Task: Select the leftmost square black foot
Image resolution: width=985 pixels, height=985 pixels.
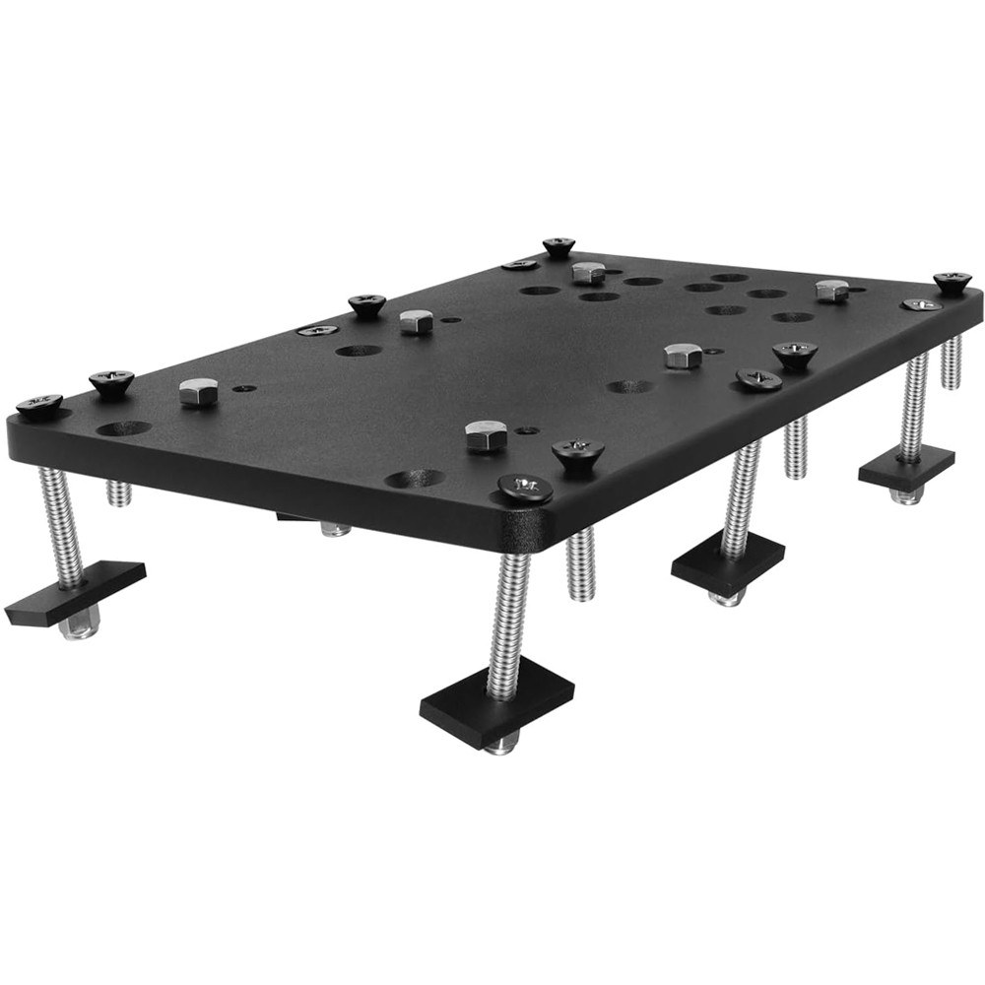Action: point(75,593)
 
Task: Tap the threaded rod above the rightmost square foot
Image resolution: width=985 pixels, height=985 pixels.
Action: point(913,404)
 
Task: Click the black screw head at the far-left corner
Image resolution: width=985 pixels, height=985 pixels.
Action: point(39,404)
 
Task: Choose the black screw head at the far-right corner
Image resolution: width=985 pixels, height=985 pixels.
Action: point(952,282)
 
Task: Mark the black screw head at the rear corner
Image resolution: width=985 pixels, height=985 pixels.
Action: point(558,245)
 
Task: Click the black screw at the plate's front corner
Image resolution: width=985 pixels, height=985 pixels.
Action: point(525,487)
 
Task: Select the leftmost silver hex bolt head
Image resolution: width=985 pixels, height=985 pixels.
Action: point(198,392)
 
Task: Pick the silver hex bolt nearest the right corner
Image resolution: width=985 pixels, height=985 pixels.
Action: point(832,290)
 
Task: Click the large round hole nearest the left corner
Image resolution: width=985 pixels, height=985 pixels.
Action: point(124,428)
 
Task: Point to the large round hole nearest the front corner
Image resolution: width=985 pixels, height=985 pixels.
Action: point(414,479)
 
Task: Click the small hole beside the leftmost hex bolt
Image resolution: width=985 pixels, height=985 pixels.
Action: point(243,388)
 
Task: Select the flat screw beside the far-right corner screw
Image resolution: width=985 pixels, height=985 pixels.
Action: point(921,304)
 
